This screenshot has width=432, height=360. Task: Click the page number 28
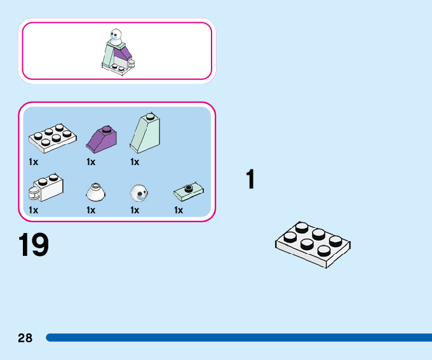25,338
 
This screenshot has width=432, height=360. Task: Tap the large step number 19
34,246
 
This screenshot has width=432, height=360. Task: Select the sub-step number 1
251,180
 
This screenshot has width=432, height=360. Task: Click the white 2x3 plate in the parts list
51,138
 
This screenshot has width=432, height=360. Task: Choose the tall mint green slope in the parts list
145,134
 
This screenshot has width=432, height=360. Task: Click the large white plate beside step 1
313,244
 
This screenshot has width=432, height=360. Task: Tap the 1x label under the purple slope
91,162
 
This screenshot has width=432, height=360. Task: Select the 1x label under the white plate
34,162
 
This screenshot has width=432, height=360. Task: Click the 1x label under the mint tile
179,210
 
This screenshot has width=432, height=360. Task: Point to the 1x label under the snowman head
135,210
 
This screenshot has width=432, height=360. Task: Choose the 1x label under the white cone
91,210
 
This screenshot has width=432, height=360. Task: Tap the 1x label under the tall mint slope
135,162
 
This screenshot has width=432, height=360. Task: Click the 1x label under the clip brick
34,210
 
